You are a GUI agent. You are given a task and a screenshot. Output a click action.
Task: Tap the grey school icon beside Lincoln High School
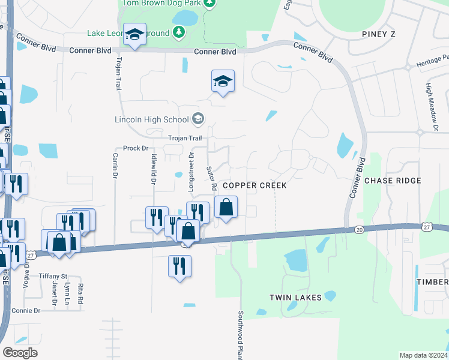click(x=197, y=119)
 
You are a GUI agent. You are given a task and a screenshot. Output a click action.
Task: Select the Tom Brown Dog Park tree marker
click(x=208, y=4)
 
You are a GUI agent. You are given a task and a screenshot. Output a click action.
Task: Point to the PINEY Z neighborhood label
click(x=379, y=34)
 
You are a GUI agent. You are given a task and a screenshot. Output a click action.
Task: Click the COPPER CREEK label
click(x=255, y=185)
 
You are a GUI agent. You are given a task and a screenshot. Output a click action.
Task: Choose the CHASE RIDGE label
click(x=393, y=181)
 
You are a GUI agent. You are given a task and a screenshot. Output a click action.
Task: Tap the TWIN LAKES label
click(x=295, y=298)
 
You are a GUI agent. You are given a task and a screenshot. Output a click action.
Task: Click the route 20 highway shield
click(x=359, y=229)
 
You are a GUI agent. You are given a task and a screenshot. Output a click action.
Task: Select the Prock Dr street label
click(x=135, y=148)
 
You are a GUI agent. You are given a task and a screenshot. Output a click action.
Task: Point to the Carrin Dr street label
click(x=114, y=166)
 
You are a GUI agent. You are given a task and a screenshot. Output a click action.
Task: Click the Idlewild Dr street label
click(x=153, y=169)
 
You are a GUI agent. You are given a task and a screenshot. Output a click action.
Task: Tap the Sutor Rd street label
click(x=210, y=178)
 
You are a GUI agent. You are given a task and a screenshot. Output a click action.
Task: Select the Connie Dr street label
click(x=25, y=311)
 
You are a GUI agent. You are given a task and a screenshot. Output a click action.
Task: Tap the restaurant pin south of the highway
click(x=179, y=266)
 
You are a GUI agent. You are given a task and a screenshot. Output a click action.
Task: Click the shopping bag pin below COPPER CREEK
click(x=226, y=208)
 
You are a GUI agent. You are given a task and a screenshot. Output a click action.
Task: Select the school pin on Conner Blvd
click(x=135, y=36)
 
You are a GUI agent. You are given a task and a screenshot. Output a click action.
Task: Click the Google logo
click(x=20, y=353)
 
